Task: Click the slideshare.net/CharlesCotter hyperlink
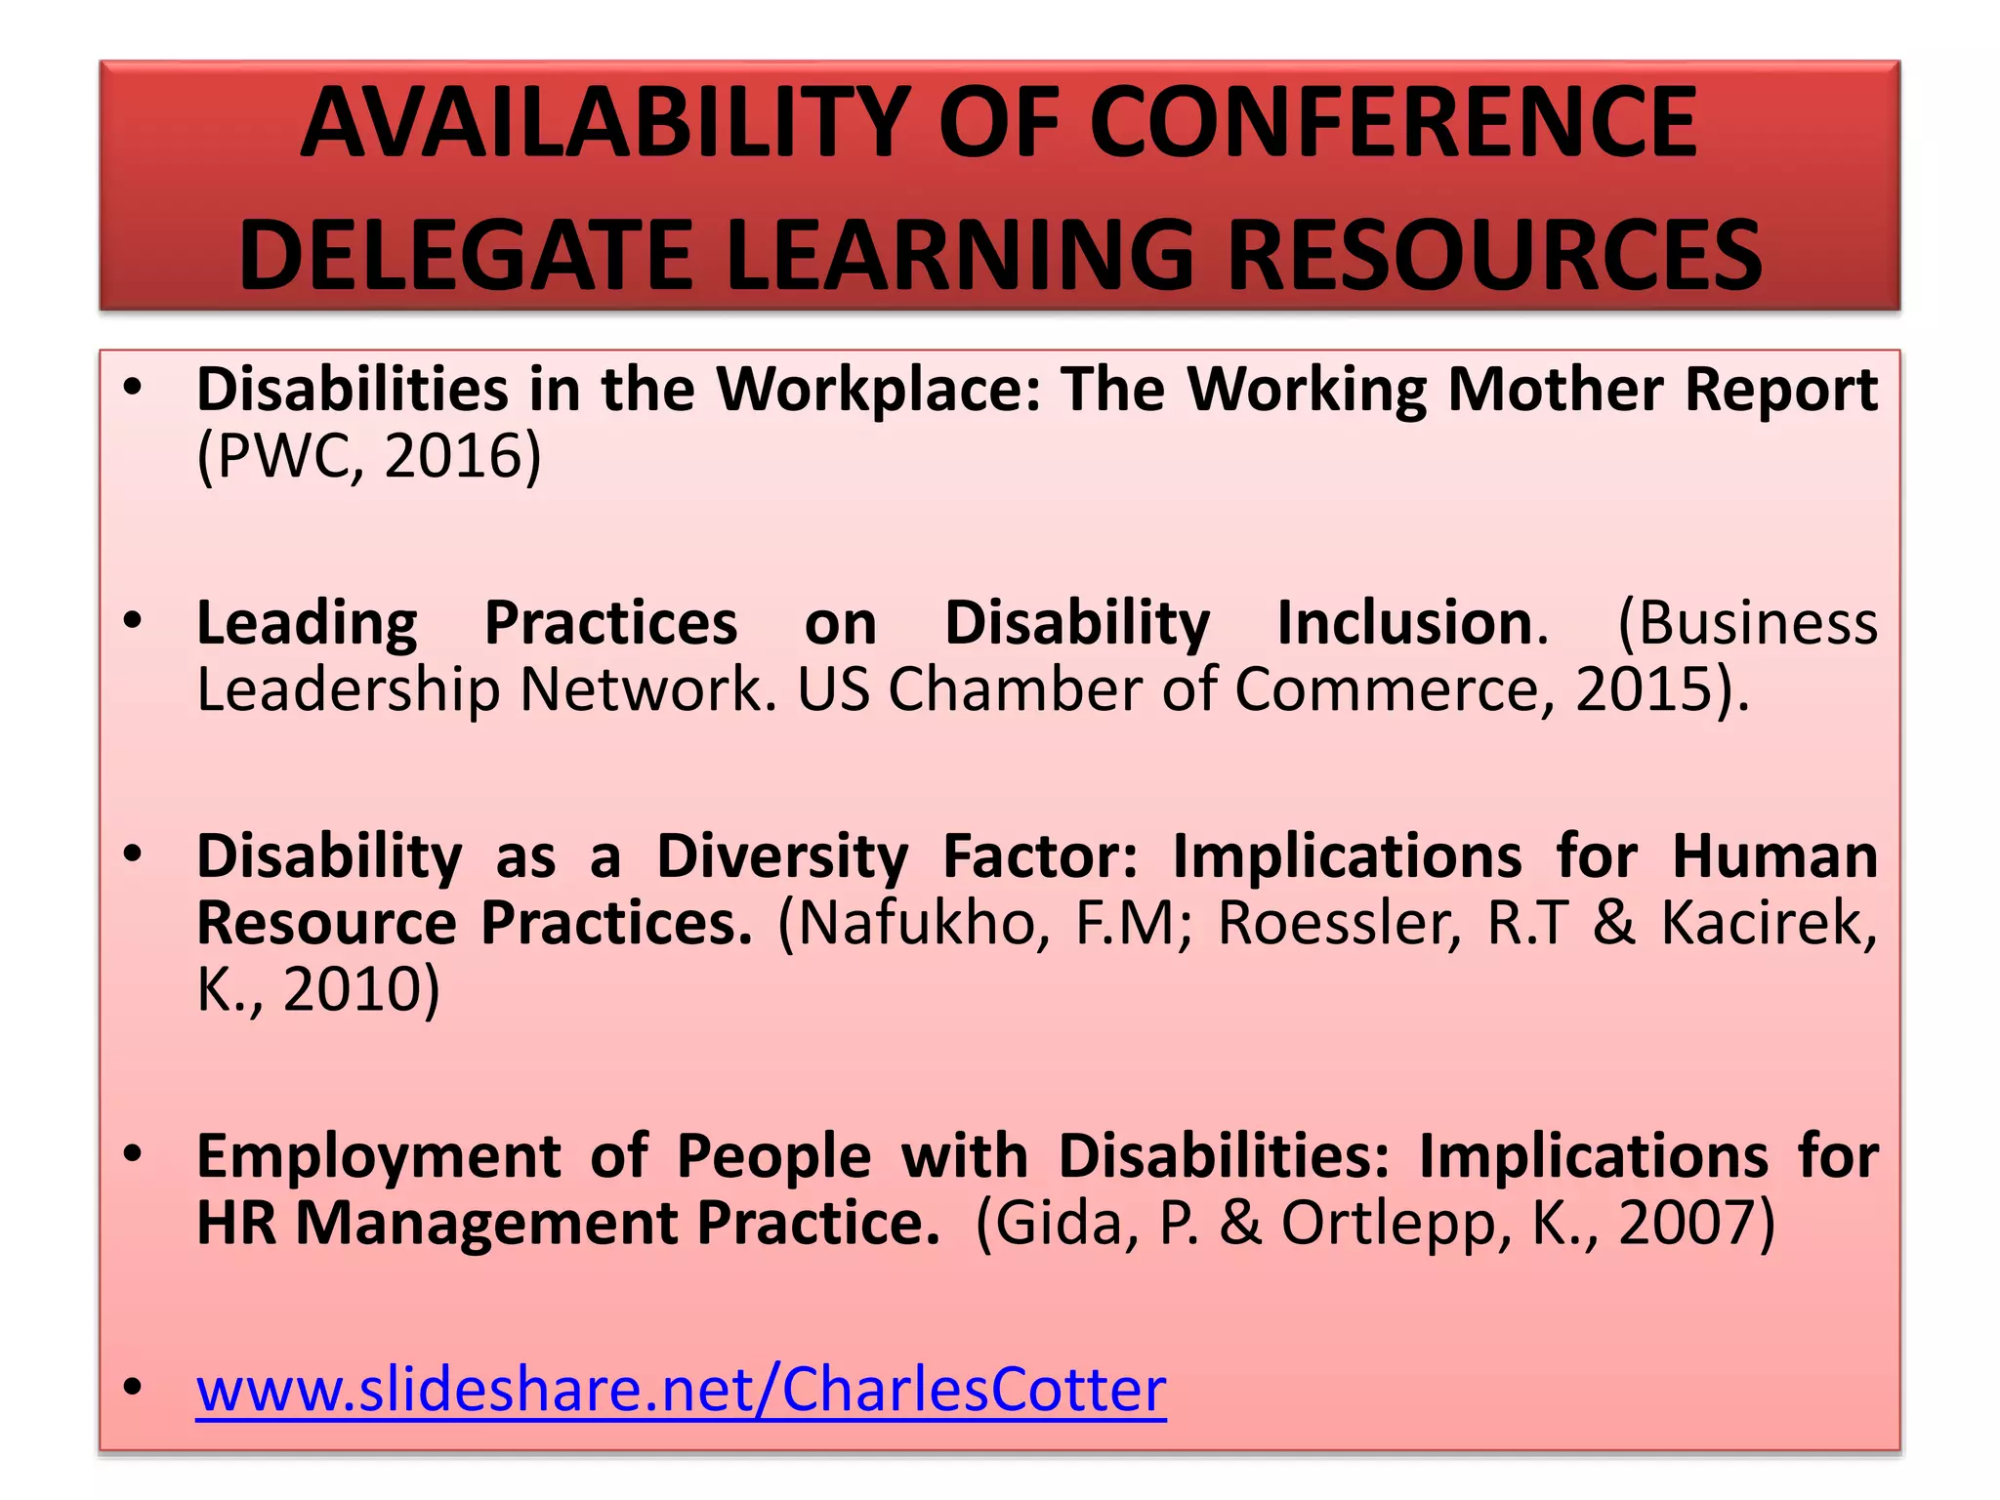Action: point(681,1390)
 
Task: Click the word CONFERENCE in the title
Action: point(1394,124)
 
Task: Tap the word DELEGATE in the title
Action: point(465,255)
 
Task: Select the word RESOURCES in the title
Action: point(1494,255)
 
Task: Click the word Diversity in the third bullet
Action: point(782,856)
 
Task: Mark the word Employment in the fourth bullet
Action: point(378,1156)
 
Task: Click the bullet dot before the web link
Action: point(134,1388)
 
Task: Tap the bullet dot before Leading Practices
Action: point(134,621)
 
